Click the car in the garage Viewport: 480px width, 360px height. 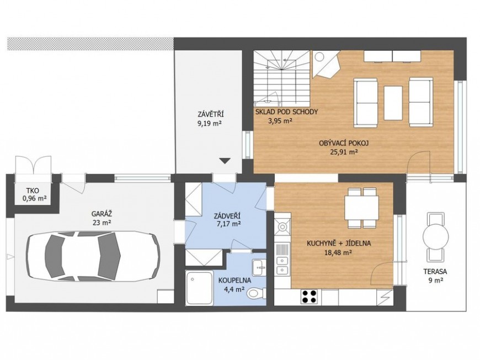point(93,256)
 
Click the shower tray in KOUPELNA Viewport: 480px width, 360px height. point(199,288)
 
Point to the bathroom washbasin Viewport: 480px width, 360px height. point(259,267)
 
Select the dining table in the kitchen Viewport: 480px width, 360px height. point(361,208)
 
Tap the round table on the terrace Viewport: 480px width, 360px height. point(436,237)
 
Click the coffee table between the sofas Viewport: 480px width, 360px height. point(393,103)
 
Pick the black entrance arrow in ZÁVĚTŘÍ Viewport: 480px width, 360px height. point(225,161)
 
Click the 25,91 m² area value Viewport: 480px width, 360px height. point(343,152)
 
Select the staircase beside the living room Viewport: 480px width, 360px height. point(282,77)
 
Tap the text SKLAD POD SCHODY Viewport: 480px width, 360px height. point(286,112)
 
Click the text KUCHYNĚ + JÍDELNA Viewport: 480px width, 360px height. point(339,243)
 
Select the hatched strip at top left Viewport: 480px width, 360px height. point(90,44)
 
